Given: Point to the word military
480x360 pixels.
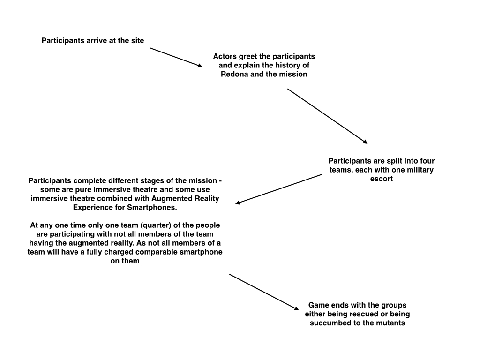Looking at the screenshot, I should [417, 170].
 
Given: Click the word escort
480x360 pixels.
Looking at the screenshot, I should [381, 179].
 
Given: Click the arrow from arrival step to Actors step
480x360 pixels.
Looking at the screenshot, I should [176, 57].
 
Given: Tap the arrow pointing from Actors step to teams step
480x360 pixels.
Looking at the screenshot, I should [327, 116].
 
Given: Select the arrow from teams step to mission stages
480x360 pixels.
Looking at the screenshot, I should [278, 189].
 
